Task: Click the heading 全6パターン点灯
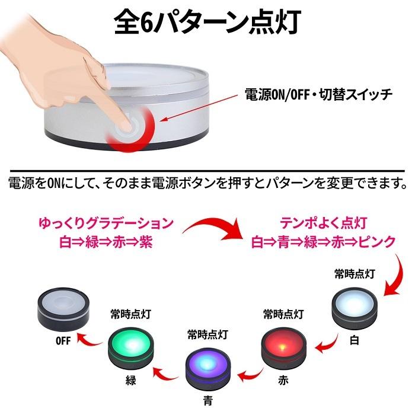pos(207,22)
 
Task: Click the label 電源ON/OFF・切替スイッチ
pos(318,94)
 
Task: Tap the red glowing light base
pos(283,342)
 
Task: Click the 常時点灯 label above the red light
pos(283,312)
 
